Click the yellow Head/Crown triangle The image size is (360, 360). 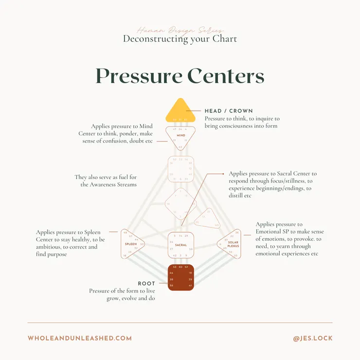click(180, 112)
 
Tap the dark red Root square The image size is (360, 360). click(180, 277)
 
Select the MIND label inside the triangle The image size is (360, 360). click(180, 136)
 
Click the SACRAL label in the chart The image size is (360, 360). click(180, 245)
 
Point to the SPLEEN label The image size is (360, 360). click(130, 243)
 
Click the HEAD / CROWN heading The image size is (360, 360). click(229, 111)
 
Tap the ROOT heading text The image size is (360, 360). click(146, 284)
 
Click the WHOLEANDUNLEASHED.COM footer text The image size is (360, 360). click(80, 338)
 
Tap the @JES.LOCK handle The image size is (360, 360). click(313, 338)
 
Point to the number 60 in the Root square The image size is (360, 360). click(180, 267)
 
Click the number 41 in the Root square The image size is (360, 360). click(190, 286)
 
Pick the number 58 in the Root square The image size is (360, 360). click(171, 286)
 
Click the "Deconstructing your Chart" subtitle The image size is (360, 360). click(180, 38)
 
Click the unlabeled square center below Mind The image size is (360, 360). click(180, 169)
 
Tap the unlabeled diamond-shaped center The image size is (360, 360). click(180, 204)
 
